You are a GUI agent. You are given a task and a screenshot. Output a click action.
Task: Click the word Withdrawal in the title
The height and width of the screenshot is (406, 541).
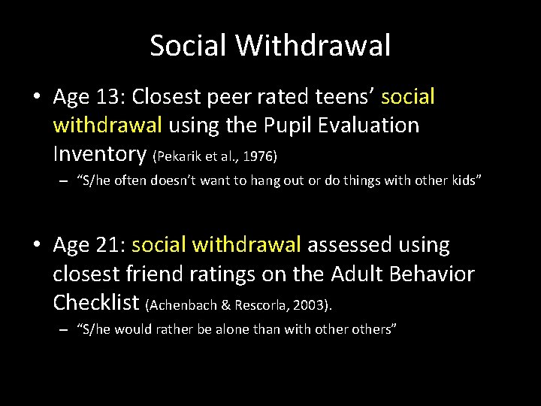click(313, 46)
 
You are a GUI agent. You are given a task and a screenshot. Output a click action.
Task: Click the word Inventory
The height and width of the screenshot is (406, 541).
click(100, 154)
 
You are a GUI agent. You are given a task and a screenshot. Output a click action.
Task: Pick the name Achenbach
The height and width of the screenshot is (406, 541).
click(183, 304)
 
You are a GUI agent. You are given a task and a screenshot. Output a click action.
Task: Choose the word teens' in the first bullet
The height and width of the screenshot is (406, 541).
click(342, 97)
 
